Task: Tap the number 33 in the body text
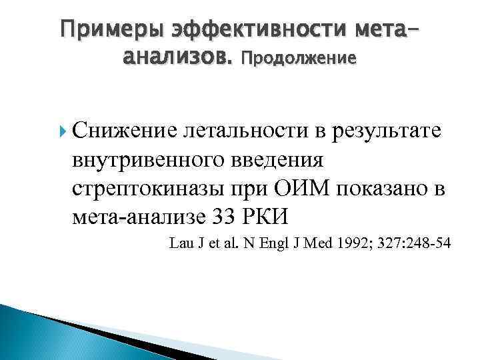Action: coord(241,216)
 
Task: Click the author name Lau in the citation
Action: coord(181,244)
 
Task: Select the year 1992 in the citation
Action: coord(337,244)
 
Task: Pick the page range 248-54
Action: coord(427,244)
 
